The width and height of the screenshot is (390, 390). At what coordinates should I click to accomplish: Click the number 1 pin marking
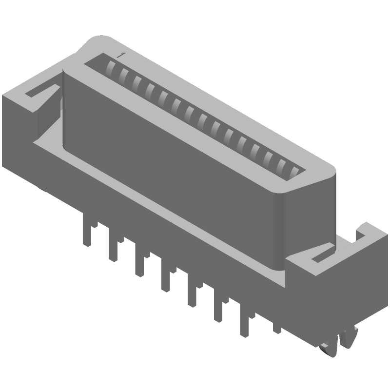click(119, 55)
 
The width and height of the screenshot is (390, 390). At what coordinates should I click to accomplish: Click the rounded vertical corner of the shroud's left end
click(64, 107)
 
